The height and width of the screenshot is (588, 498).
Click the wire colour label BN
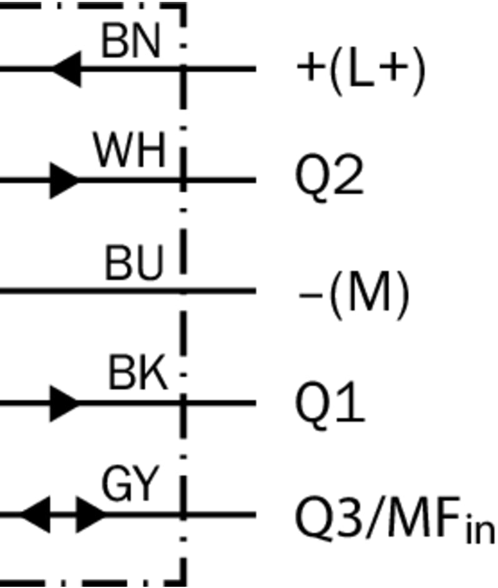tap(131, 43)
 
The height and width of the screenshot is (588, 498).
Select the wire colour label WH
tap(129, 151)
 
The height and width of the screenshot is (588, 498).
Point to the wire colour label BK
tap(138, 375)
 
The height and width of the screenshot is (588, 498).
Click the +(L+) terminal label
tap(362, 69)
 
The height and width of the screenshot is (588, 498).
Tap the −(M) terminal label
tap(354, 292)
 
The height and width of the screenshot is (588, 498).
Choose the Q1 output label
tap(329, 403)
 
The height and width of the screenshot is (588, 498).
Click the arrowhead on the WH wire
tap(64, 180)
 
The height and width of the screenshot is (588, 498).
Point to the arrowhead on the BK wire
tap(64, 403)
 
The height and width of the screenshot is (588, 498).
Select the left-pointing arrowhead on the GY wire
tap(36, 515)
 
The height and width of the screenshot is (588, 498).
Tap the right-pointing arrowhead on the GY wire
tap(91, 515)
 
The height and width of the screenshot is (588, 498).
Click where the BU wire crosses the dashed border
tap(183, 291)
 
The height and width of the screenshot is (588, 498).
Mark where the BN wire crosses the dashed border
tap(183, 68)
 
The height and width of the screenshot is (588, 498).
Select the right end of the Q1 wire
tap(254, 403)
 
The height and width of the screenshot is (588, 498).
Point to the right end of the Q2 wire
tap(254, 180)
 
